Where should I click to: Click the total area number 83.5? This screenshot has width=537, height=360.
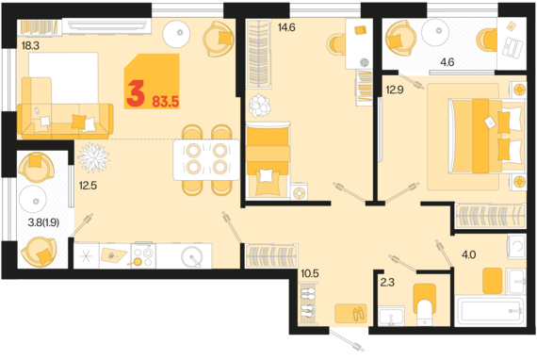[166, 102]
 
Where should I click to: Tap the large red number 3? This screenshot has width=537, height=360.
[136, 95]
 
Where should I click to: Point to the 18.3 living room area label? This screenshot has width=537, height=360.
[30, 45]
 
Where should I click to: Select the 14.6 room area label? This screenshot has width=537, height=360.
[286, 27]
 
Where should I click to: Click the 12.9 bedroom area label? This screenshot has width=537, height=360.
[395, 90]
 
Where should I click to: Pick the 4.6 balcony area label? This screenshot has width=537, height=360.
[447, 62]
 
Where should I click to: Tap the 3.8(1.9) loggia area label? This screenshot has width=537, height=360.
[43, 222]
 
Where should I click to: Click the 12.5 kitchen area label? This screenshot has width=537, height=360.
[88, 186]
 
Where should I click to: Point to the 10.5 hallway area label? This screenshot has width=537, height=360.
[310, 273]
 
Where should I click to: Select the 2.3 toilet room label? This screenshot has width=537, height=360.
[387, 282]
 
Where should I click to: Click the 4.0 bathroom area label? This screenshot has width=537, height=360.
[468, 254]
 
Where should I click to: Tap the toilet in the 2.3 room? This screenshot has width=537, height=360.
[425, 304]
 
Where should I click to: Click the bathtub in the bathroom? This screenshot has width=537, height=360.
[491, 311]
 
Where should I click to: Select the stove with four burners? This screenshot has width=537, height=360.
[143, 255]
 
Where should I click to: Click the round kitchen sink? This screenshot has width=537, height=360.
[192, 256]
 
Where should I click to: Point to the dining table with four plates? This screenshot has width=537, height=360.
[206, 159]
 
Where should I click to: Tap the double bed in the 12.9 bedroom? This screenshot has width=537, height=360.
[487, 136]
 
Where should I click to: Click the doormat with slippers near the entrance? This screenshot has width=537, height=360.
[350, 314]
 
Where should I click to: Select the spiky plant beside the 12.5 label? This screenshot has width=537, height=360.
[93, 157]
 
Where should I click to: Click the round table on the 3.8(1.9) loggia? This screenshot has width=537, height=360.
[33, 200]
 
